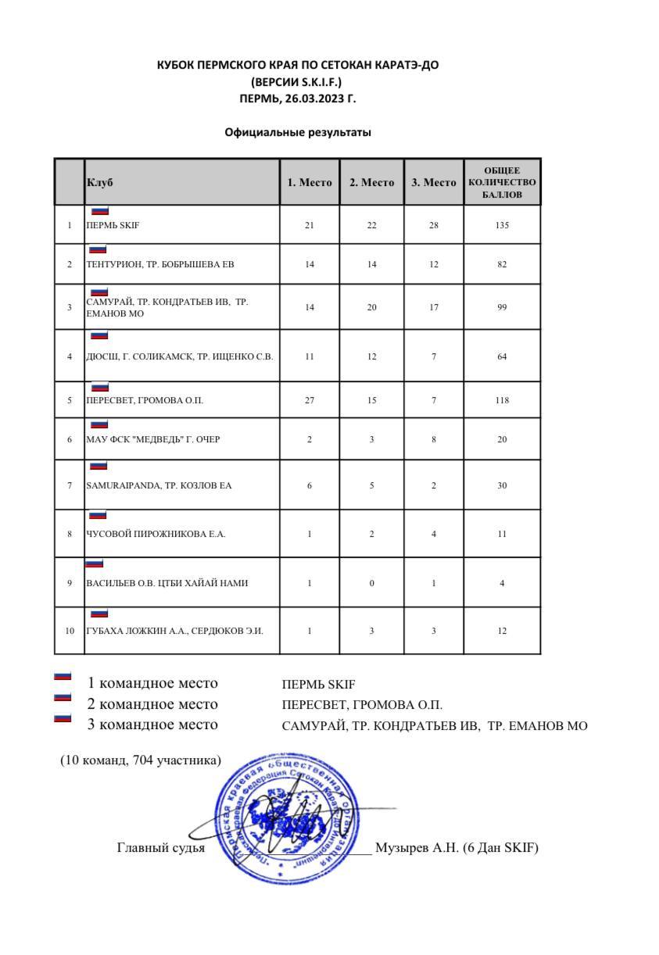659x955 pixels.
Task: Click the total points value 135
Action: (x=502, y=225)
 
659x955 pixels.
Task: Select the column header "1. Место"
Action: (x=310, y=182)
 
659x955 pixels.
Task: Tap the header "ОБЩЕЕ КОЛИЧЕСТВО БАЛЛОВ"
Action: (x=502, y=182)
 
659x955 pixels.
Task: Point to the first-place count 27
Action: (x=310, y=400)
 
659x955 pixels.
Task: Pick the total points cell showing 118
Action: (x=502, y=400)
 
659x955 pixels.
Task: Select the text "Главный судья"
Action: (x=161, y=847)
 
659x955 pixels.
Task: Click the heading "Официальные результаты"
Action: (x=298, y=132)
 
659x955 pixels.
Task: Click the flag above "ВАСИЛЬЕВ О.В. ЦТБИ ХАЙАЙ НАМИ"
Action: (x=94, y=563)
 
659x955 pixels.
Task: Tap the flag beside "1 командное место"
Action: (x=63, y=677)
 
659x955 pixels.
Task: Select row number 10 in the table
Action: (x=70, y=631)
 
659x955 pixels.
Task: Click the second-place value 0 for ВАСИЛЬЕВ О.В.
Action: (x=372, y=583)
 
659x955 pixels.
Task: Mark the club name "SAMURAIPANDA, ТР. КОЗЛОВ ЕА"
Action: (x=159, y=485)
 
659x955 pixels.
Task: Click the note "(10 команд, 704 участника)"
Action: (x=141, y=760)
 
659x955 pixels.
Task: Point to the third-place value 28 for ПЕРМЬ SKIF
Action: (x=434, y=225)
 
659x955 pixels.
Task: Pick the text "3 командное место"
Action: (x=152, y=724)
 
